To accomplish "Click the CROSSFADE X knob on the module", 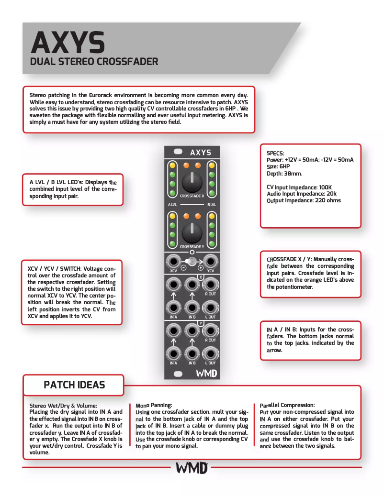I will (192, 182).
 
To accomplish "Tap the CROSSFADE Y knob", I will (192, 232).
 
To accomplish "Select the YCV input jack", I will (210, 262).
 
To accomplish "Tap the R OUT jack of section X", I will (210, 285).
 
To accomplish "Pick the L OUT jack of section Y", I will (210, 354).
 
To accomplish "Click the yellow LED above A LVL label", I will (172, 165).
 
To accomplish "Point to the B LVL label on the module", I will (212, 205).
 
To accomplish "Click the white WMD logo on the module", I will (206, 373).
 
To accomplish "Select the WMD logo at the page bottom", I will (192, 467).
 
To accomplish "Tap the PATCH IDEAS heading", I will (74, 385).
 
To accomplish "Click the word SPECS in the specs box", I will (275, 153).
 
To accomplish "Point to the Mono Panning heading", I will (153, 405).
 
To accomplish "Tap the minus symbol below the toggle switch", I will (183, 268).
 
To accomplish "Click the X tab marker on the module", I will (201, 277).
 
